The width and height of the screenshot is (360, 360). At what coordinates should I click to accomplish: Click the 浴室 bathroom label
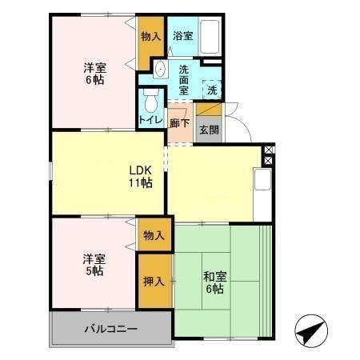pos(183,36)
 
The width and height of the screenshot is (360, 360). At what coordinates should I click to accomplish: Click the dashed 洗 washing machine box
pos(211,90)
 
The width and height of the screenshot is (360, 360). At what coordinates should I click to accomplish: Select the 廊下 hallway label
pos(179,123)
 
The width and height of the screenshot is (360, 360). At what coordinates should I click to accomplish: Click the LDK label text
pos(141,170)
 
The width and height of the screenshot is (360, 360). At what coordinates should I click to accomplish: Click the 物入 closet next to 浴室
pos(150,36)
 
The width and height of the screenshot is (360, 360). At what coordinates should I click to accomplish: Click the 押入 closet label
pos(154,281)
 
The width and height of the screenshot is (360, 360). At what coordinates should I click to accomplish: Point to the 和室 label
pos(214,277)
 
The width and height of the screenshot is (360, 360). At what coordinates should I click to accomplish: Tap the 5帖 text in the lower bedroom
pos(94,271)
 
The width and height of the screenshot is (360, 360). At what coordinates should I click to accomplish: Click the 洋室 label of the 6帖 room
pos(94,66)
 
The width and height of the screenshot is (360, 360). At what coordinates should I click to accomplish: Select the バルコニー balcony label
pos(111,329)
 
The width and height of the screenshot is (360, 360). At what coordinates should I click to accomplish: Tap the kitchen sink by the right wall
pos(263,179)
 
